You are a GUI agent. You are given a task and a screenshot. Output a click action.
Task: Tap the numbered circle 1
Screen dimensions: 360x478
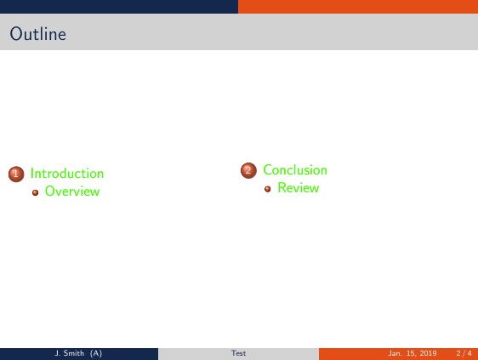point(15,174)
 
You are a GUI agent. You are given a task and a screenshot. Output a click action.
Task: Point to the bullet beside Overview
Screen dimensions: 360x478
point(36,191)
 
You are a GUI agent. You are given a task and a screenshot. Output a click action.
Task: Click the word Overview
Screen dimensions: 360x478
point(72,191)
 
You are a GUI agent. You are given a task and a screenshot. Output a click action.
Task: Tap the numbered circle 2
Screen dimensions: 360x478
point(248,170)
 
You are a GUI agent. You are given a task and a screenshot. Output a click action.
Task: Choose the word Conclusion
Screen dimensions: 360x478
point(295,170)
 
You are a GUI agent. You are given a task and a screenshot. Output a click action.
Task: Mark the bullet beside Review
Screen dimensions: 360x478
point(268,188)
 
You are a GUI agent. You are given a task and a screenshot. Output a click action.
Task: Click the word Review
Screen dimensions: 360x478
point(298,188)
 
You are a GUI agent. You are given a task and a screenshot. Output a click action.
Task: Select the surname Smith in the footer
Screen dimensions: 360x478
point(74,353)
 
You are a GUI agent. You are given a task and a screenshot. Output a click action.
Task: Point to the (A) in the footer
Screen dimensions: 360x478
point(96,353)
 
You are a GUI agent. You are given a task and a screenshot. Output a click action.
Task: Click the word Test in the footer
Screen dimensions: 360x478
point(239,353)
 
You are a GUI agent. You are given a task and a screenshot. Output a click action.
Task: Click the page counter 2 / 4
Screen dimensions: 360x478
point(464,353)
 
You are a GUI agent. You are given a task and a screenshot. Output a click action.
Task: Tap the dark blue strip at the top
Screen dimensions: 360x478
point(119,6)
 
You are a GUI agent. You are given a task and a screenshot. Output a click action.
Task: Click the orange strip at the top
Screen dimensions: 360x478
point(357,6)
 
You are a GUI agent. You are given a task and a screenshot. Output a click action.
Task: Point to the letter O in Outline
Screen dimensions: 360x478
point(16,35)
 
